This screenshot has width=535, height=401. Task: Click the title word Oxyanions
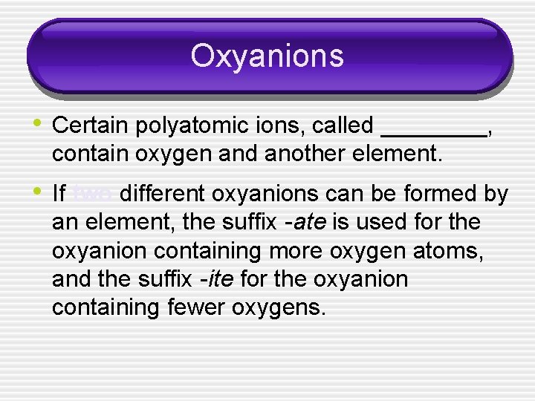coord(267,56)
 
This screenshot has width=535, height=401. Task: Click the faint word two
coord(93,195)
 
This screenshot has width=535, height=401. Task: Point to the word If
coord(59,195)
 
